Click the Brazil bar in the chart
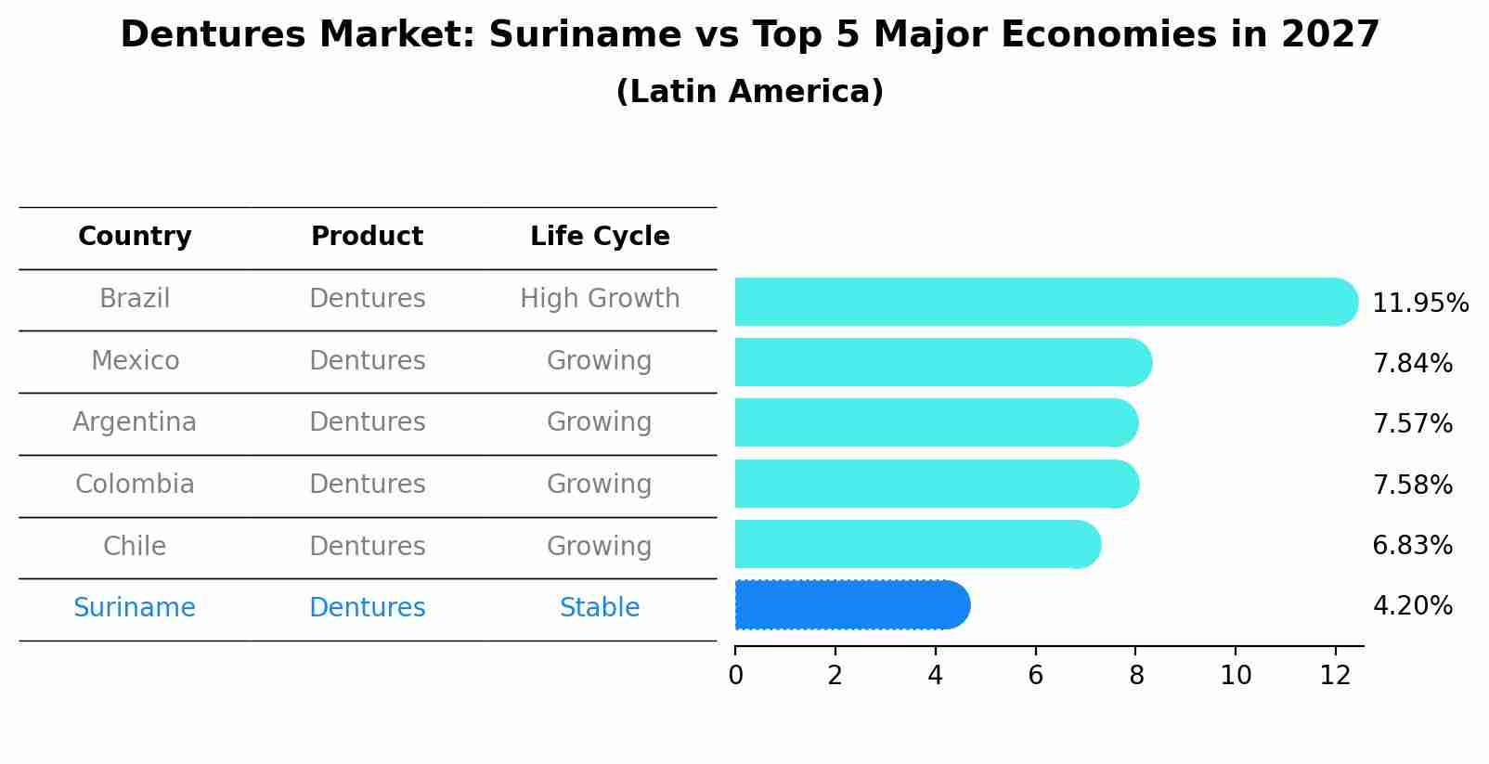click(1044, 302)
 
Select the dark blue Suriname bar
click(851, 605)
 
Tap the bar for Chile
click(917, 544)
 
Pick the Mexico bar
click(942, 362)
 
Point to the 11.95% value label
click(1419, 304)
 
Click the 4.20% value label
click(1412, 606)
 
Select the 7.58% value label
click(1412, 485)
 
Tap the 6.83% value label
click(1412, 545)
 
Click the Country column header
click(135, 237)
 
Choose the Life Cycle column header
click(600, 237)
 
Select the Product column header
click(367, 237)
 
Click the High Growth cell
click(600, 299)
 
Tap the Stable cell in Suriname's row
click(600, 608)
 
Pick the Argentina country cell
click(135, 422)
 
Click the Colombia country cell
click(135, 485)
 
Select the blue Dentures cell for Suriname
click(367, 608)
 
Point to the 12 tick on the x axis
click(1335, 676)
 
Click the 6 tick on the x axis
click(1035, 676)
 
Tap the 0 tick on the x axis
click(735, 676)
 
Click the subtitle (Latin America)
click(749, 92)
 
